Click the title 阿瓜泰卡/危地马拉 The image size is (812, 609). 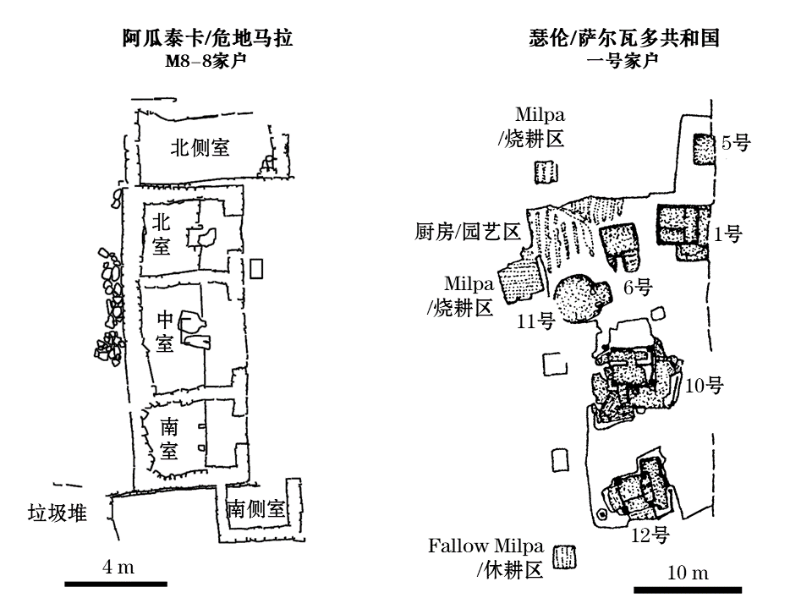(x=207, y=38)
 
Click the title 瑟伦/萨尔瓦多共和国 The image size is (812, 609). (x=623, y=38)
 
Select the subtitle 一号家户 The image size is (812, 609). (x=623, y=61)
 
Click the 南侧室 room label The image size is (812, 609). (x=256, y=509)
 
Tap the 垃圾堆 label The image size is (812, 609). (x=58, y=512)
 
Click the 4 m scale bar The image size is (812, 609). (x=116, y=583)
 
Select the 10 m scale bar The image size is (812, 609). (x=688, y=589)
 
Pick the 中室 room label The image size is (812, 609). (x=165, y=332)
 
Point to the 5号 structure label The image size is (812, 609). (x=736, y=143)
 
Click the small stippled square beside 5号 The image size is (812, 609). (x=704, y=149)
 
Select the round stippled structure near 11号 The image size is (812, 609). (x=580, y=299)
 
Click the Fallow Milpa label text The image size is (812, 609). (x=486, y=546)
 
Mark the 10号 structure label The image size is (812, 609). (x=704, y=386)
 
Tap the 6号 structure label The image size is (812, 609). (x=638, y=288)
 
